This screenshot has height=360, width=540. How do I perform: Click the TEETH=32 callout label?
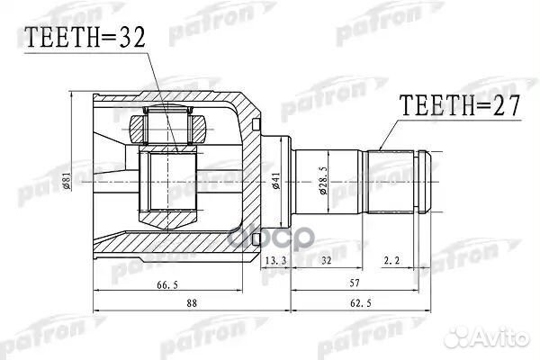[82, 39]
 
